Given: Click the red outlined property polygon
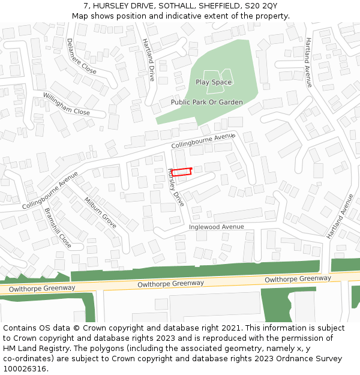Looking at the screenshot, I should pyautogui.click(x=181, y=172).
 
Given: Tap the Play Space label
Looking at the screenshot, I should pyautogui.click(x=214, y=82).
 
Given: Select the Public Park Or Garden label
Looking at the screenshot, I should pyautogui.click(x=206, y=102).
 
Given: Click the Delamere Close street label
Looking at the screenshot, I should pyautogui.click(x=81, y=56).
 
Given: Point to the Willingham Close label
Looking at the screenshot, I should pyautogui.click(x=66, y=104).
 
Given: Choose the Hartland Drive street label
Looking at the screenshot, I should pyautogui.click(x=148, y=60).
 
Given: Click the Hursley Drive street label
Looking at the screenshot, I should pyautogui.click(x=176, y=187).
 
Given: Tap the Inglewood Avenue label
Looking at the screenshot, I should pyautogui.click(x=217, y=227).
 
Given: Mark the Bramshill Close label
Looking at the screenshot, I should pyautogui.click(x=58, y=229).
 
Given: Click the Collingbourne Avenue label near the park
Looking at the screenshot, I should pyautogui.click(x=202, y=142).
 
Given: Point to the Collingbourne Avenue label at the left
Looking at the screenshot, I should pyautogui.click(x=50, y=190).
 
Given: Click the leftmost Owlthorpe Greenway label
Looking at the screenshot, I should pyautogui.click(x=38, y=288).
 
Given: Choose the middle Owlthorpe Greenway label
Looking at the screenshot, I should pyautogui.click(x=170, y=283).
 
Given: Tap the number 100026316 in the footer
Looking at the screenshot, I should pyautogui.click(x=25, y=369).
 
